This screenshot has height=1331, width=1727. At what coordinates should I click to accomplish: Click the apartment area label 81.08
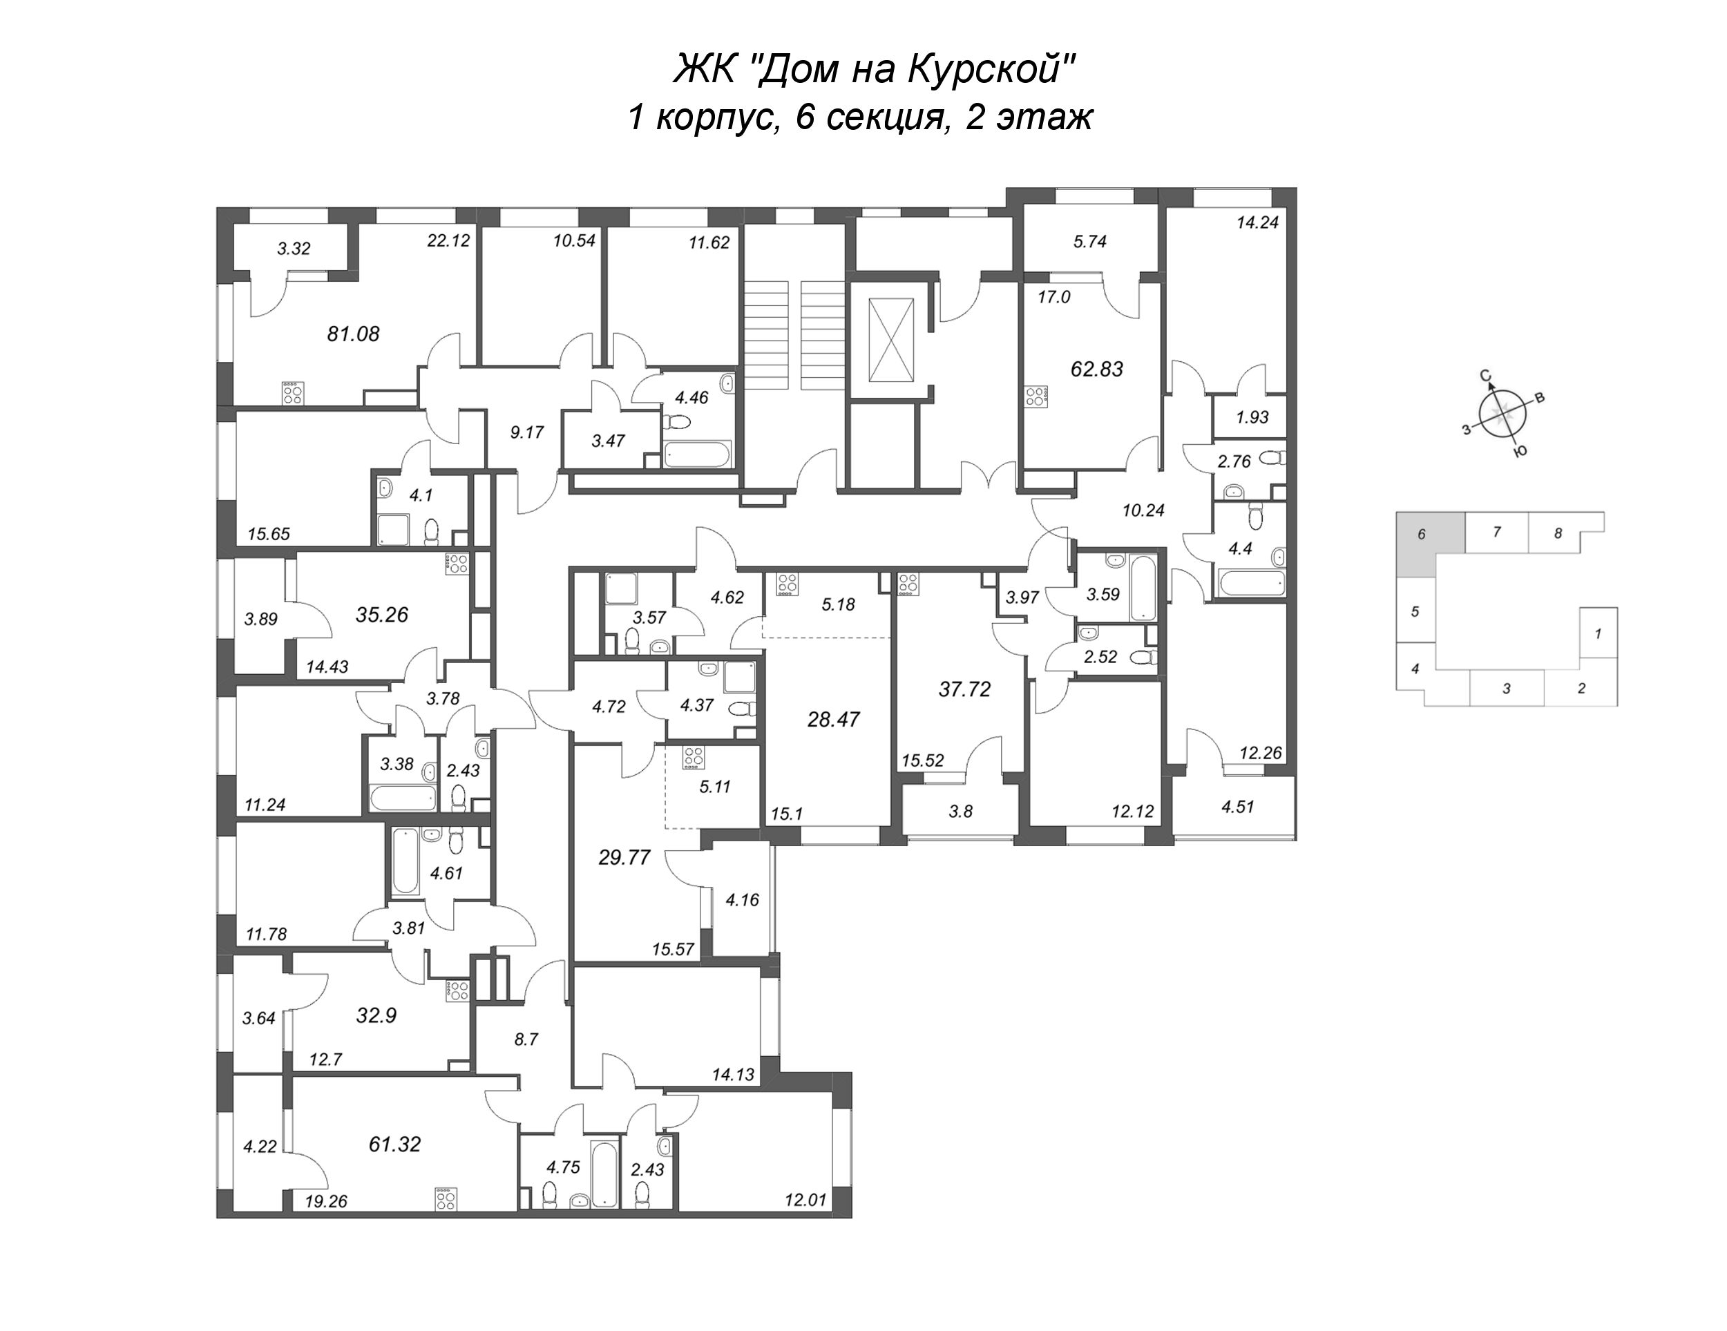pos(354,334)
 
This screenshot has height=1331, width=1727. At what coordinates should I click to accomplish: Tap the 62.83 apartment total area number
pos(1097,370)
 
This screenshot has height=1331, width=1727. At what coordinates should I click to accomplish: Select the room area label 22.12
pos(448,240)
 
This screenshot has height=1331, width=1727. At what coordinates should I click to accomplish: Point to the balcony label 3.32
pos(294,249)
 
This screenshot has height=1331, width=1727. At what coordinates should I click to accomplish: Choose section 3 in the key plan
pos(1507,688)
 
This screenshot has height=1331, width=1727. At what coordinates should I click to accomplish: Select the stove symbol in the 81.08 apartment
pos(294,393)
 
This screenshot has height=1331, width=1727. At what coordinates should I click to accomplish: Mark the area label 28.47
pos(834,720)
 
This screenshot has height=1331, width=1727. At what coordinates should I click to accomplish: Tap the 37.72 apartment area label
pos(964,689)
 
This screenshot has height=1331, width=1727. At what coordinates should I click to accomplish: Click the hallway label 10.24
pos(1143,511)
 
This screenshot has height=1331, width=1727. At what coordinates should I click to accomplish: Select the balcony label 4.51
pos(1237,807)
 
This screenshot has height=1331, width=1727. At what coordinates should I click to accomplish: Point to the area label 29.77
pos(624,857)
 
